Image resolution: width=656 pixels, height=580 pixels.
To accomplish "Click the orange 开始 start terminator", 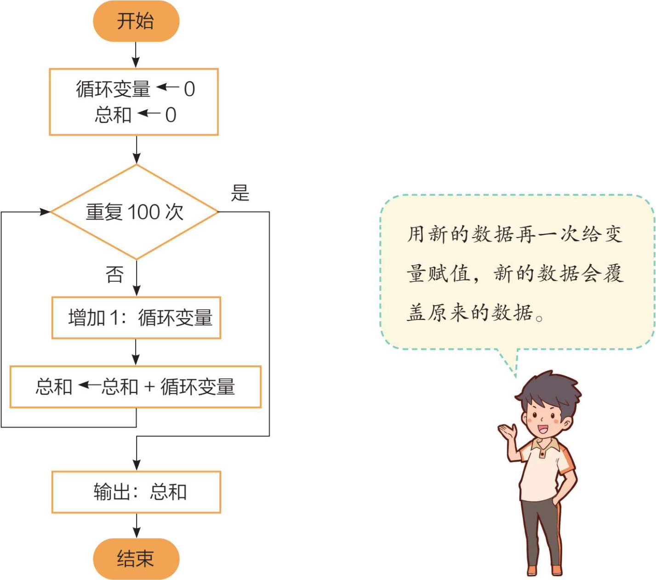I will [x=136, y=21].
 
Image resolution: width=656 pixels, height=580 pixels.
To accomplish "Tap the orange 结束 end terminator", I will [x=136, y=558].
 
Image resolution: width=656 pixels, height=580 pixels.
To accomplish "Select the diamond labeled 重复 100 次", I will [x=134, y=212].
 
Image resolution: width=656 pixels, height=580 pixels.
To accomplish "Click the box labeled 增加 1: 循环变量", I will [x=136, y=318].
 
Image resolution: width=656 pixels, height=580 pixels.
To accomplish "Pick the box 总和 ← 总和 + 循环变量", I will [x=136, y=387].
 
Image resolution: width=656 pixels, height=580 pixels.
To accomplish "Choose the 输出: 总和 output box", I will [x=136, y=492].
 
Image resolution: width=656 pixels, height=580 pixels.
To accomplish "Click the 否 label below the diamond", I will [x=114, y=275].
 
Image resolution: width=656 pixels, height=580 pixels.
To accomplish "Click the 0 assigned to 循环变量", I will [x=189, y=89].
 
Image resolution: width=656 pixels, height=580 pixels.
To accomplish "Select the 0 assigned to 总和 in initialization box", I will [x=171, y=115].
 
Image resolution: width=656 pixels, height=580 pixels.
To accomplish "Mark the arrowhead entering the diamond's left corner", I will [x=45, y=212].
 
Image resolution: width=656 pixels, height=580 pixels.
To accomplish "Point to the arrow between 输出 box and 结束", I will [x=136, y=527].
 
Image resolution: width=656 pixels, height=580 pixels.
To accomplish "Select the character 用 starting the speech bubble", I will [x=416, y=234].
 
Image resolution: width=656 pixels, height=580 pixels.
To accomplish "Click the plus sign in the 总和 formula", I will [x=149, y=387].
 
